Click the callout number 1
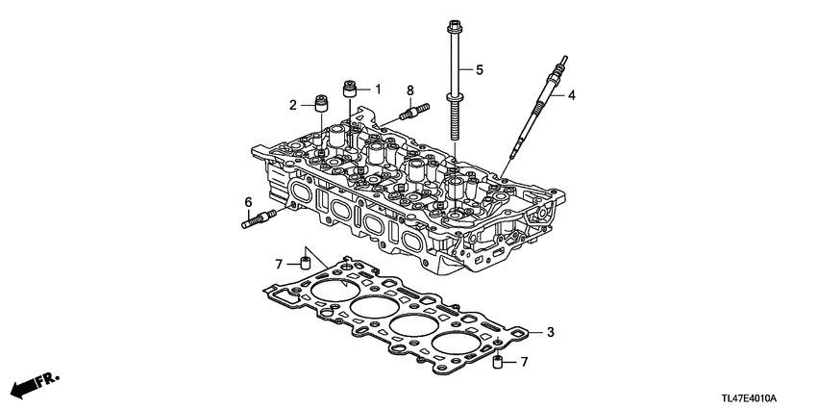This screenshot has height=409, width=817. [378, 89]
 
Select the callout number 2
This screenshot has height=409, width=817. [293, 104]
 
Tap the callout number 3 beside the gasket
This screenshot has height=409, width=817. [551, 333]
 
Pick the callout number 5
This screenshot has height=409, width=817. [480, 69]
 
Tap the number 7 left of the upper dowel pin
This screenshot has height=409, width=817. [278, 263]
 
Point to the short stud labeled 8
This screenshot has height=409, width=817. [408, 113]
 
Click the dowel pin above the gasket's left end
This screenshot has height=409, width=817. [305, 263]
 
